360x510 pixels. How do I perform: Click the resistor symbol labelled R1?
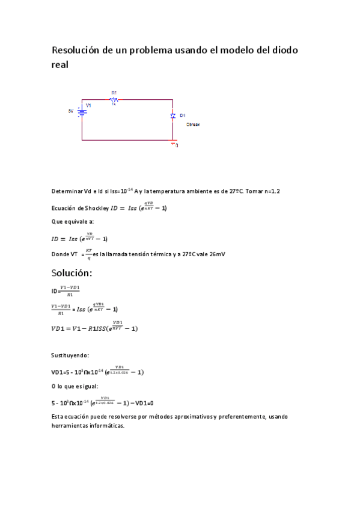114,99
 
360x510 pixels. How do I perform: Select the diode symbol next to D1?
172,115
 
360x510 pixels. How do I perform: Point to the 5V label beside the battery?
71,111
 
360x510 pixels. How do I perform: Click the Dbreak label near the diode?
193,124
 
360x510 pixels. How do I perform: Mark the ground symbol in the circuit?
174,144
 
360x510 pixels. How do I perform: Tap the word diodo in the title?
282,50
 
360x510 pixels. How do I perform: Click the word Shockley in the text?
95,209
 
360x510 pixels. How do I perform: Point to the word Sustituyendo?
70,355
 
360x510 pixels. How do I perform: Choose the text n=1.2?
270,191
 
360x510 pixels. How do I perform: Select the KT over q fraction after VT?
88,254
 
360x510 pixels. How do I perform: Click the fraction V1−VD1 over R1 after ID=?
70,291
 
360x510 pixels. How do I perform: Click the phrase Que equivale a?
69,223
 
